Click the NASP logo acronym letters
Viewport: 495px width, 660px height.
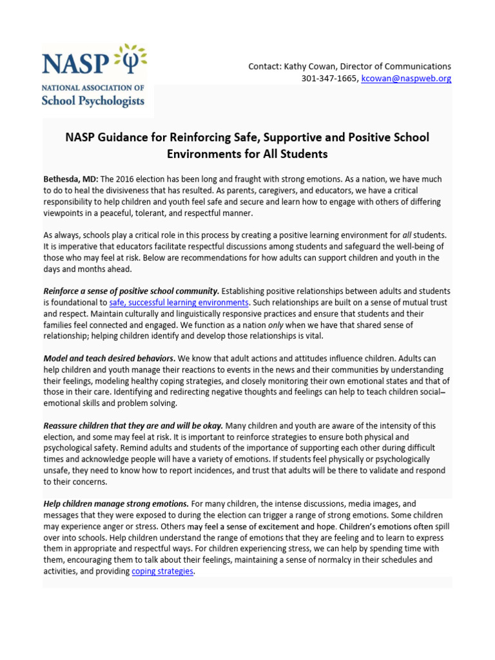click(73, 63)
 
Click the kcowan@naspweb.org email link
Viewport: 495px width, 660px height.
click(406, 79)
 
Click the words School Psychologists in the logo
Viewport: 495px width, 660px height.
click(93, 101)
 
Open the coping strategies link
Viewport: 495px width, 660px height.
click(162, 571)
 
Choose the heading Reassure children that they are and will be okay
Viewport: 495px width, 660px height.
click(133, 426)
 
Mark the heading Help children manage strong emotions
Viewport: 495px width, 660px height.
click(116, 503)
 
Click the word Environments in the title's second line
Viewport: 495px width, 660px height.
click(202, 154)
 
